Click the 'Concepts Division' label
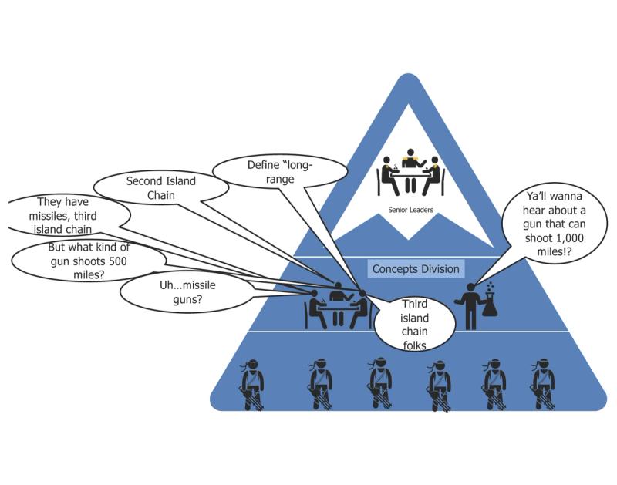pos(416,269)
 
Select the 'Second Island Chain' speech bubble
pos(161,188)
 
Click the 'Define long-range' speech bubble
pos(279,171)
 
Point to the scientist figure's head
pos(470,288)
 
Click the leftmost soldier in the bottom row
pos(252,382)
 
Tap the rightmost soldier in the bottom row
pos(544,382)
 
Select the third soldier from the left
pos(379,382)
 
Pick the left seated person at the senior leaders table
pos(386,176)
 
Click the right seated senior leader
pos(435,176)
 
